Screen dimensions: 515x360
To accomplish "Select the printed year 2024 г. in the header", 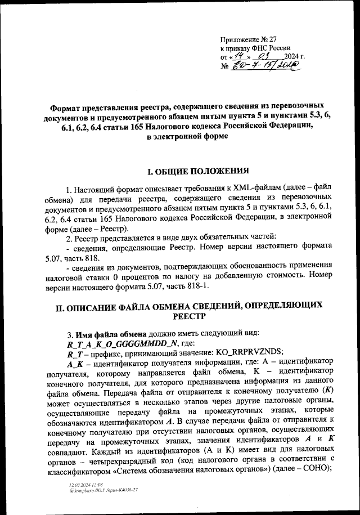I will click(x=294, y=57).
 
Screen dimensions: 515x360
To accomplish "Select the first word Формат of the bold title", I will click(x=67, y=106).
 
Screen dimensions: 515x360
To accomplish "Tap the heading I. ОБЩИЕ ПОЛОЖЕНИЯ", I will click(x=186, y=171).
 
